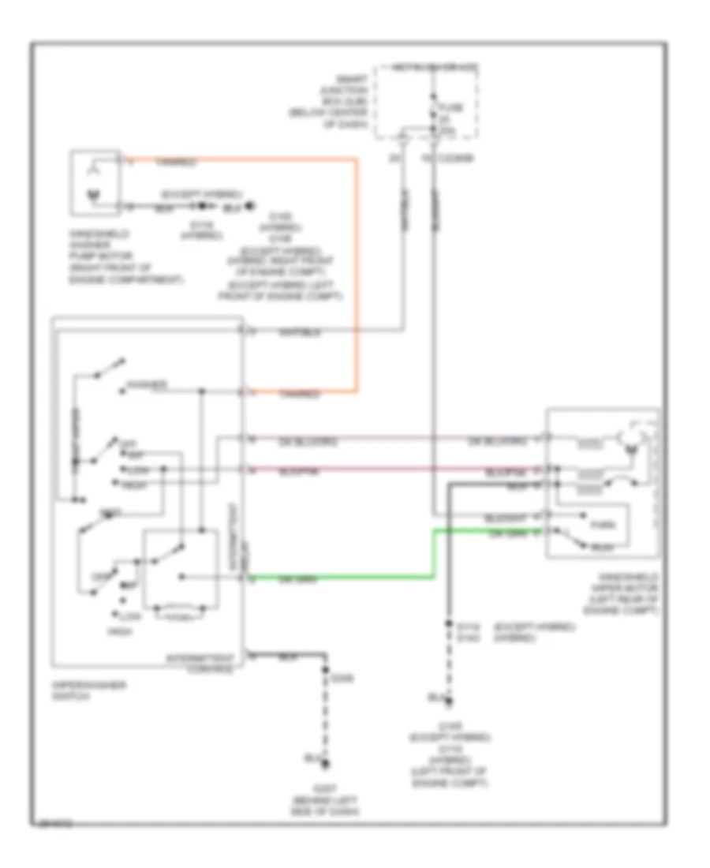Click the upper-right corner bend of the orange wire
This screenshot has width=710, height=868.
pos(357,160)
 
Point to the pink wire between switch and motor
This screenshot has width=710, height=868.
pos(394,469)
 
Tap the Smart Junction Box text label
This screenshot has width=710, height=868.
pos(342,102)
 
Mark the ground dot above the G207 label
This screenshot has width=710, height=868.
pos(325,763)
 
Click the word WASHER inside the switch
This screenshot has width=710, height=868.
pos(147,386)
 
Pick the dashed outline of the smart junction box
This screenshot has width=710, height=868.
pos(426,101)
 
